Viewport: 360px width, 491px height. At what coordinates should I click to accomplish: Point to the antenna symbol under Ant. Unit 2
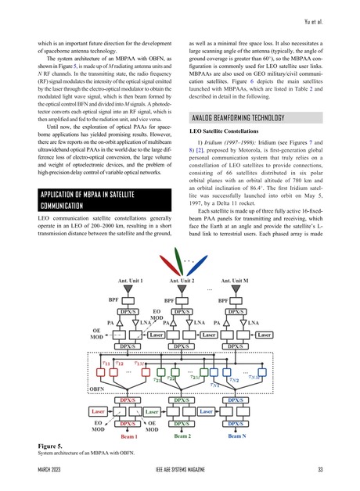[x=182, y=291]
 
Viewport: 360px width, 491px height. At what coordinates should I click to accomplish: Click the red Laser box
[x=99, y=410]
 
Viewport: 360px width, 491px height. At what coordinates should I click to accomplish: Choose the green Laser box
[x=153, y=410]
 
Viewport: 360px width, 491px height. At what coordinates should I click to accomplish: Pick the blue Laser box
[x=207, y=410]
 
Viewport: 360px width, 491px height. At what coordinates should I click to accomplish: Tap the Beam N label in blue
[x=239, y=435]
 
